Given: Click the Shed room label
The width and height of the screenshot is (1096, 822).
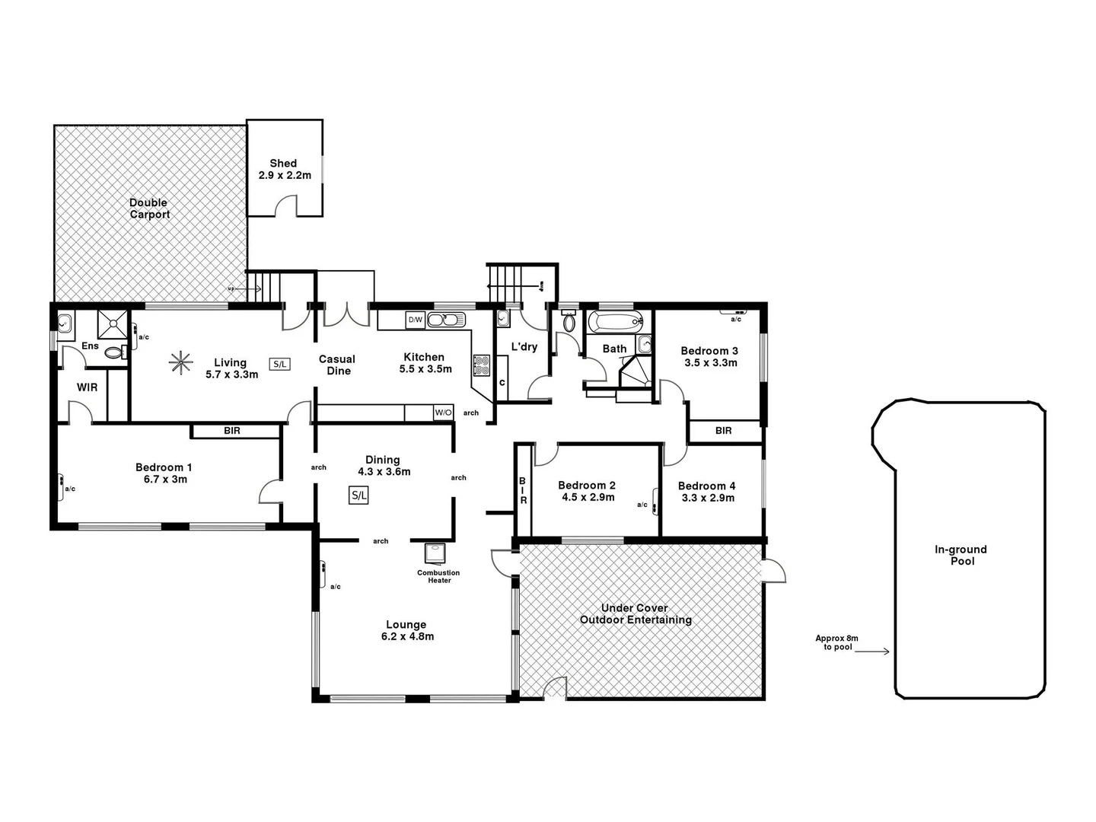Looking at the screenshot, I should point(283,163).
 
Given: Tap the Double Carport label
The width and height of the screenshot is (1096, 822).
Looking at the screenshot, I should point(149,209).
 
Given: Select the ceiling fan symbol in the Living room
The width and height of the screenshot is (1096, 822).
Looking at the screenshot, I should point(180,363).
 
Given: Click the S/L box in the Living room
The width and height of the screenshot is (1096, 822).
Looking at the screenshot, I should point(279,364).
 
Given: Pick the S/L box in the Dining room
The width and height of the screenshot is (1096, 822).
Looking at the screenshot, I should point(358,495).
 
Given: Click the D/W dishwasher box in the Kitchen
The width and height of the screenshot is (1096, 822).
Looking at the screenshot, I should point(415,320).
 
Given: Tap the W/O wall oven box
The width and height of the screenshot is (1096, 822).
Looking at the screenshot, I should point(443,413).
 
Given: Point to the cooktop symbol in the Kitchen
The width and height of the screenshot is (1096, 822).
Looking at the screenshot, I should point(481,366).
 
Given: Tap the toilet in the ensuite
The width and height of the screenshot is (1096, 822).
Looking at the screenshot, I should point(114,352).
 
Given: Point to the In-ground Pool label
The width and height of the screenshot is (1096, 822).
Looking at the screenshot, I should point(961,555).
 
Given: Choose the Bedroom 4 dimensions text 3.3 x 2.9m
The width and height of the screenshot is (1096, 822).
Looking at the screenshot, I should point(708,498).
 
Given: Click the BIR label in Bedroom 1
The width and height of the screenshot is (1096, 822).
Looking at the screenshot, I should point(232,431).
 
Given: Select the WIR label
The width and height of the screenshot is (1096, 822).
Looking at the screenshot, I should point(87,387).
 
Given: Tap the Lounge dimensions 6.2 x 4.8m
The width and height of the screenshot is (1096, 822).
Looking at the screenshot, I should point(407,636).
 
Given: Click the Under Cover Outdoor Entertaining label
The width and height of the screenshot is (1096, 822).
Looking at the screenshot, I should point(636,613).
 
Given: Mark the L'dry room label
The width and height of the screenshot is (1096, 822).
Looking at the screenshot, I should point(524,347).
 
